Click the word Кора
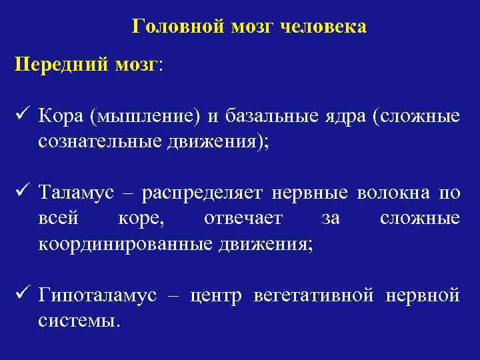pos(60,117)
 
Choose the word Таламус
pos(77,194)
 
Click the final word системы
pos(79,321)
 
